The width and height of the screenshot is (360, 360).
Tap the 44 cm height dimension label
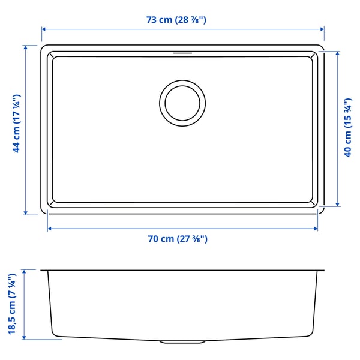coord(17,123)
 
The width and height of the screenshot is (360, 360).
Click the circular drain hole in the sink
coord(182,103)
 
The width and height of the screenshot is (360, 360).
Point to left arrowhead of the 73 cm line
coord(43,29)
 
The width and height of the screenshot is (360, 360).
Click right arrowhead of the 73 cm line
coord(322,29)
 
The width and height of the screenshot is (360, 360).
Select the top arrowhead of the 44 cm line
coord(26,46)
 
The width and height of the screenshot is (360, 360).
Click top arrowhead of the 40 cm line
coord(337,53)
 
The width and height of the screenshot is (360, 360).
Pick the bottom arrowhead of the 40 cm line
coord(337,204)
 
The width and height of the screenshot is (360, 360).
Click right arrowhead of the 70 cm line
coord(316,229)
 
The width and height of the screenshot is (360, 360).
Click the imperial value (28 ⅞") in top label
coord(191,20)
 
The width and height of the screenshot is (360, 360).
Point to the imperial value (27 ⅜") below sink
coord(193,239)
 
